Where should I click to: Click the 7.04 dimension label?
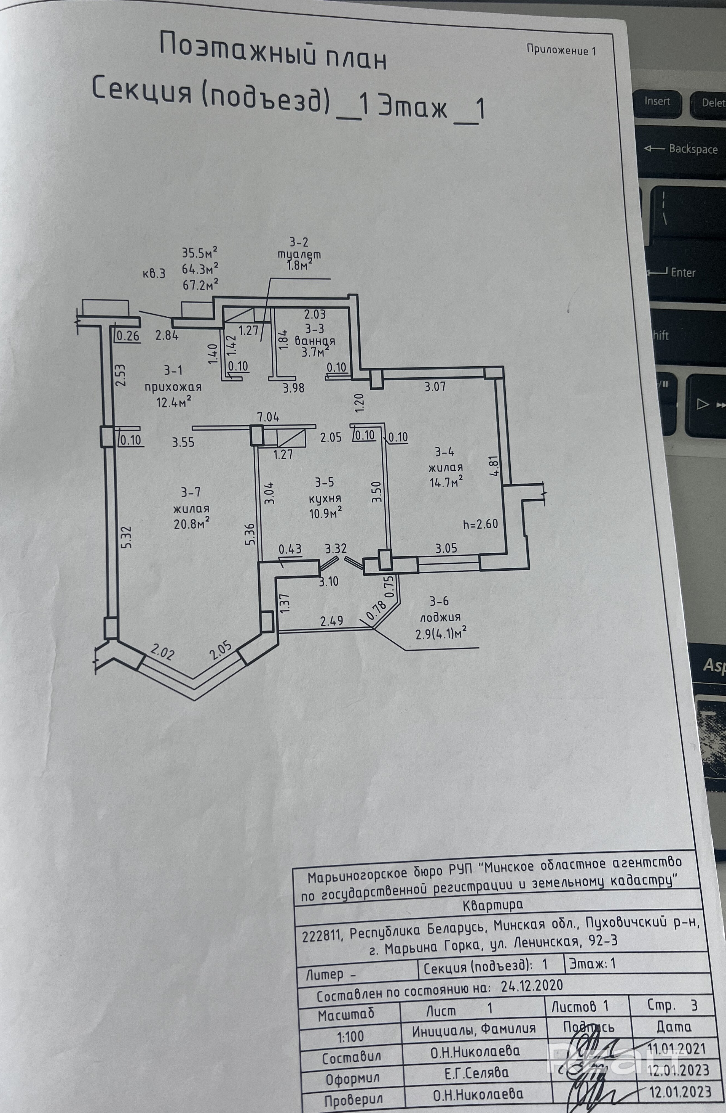[268, 416]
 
